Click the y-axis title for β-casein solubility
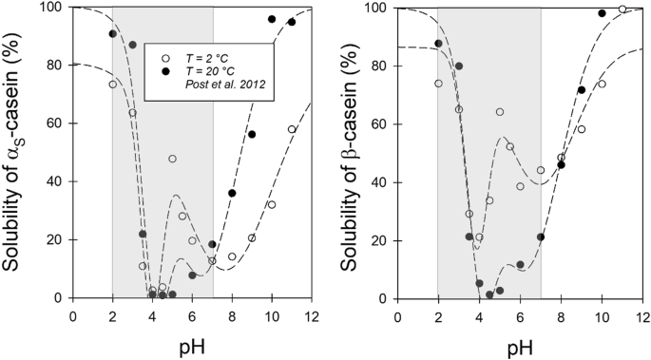342,152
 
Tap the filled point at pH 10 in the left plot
272,19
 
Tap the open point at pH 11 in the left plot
292,129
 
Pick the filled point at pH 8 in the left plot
232,193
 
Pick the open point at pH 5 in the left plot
173,159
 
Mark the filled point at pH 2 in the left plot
113,33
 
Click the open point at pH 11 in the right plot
622,9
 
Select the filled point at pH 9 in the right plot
582,90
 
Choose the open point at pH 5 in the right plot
500,112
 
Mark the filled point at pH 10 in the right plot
602,13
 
